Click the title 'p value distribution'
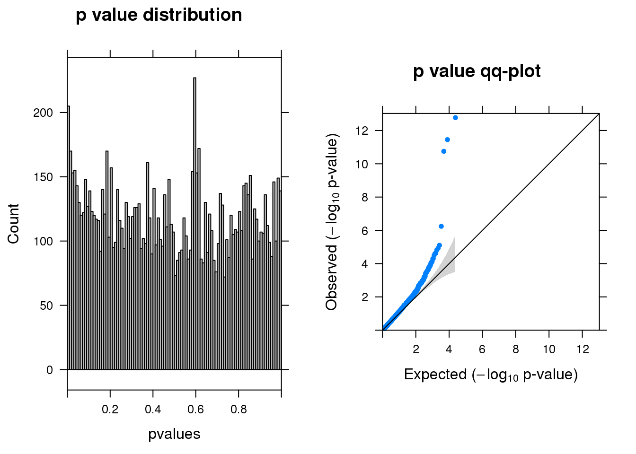[x=159, y=15]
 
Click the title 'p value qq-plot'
[x=477, y=71]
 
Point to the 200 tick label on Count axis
[x=43, y=113]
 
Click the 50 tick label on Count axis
[x=46, y=306]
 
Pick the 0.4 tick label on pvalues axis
[x=153, y=409]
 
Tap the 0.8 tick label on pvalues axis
[x=238, y=409]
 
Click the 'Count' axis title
[x=13, y=224]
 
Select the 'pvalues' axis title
[x=174, y=434]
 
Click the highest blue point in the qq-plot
[x=455, y=118]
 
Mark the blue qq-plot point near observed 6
[x=441, y=227]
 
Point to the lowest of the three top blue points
[x=443, y=151]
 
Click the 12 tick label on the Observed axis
[x=362, y=131]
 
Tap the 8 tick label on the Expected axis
[x=515, y=349]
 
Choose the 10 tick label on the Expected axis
[x=548, y=349]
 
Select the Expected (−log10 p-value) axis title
[x=491, y=375]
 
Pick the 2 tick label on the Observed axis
[x=365, y=297]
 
